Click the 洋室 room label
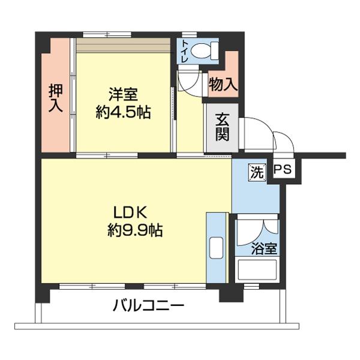(124, 94)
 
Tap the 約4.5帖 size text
(124, 112)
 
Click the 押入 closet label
(55, 98)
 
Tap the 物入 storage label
(223, 85)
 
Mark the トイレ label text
(184, 51)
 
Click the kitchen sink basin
(216, 247)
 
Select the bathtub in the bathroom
(257, 271)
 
